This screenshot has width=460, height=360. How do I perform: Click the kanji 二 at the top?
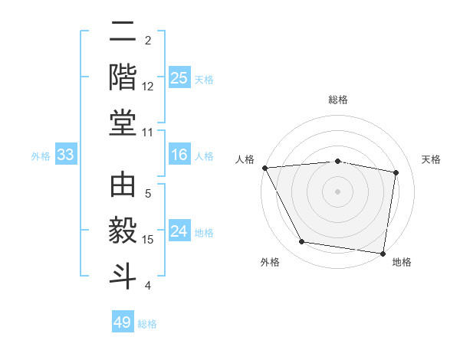[x=123, y=32]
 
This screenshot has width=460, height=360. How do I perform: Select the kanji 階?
[x=123, y=77]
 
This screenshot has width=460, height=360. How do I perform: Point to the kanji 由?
[x=123, y=187]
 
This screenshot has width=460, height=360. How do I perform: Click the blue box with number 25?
[x=179, y=78]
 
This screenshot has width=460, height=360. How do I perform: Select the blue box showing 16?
[x=179, y=155]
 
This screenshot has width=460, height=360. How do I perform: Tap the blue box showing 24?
[x=179, y=232]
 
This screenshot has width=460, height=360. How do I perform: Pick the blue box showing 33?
[x=65, y=155]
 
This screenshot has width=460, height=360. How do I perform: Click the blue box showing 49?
[x=123, y=322]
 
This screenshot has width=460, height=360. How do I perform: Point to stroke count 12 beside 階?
[x=148, y=86]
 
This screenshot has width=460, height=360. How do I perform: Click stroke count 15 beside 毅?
[x=148, y=240]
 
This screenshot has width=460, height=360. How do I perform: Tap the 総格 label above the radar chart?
[x=337, y=100]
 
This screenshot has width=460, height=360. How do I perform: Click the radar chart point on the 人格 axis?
[x=264, y=168]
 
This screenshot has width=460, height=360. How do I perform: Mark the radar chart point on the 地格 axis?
[x=383, y=253]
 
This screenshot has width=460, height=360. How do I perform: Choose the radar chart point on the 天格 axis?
[x=396, y=172]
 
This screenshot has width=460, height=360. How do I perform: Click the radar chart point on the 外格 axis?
[x=302, y=242]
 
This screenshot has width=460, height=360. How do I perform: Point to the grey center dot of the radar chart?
[x=337, y=191]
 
